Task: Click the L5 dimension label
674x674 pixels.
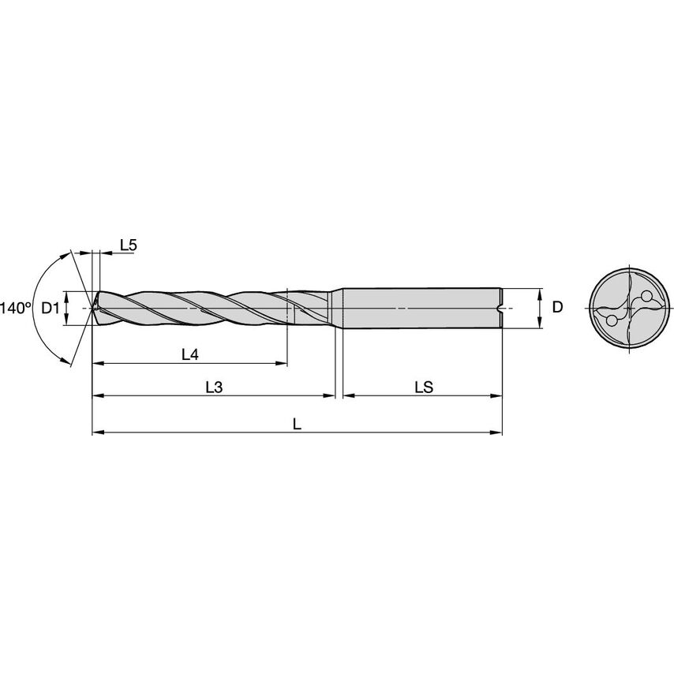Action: (x=129, y=245)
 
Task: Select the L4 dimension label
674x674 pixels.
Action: (x=189, y=355)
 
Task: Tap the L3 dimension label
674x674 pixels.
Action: (x=214, y=387)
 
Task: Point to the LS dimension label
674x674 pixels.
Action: (x=424, y=387)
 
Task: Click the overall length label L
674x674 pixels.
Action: (x=297, y=424)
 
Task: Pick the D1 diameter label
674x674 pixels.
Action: (x=51, y=308)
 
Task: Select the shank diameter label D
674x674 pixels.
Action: (x=557, y=308)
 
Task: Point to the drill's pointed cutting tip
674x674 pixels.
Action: (x=93, y=308)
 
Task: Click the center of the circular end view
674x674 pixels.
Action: (x=629, y=308)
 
